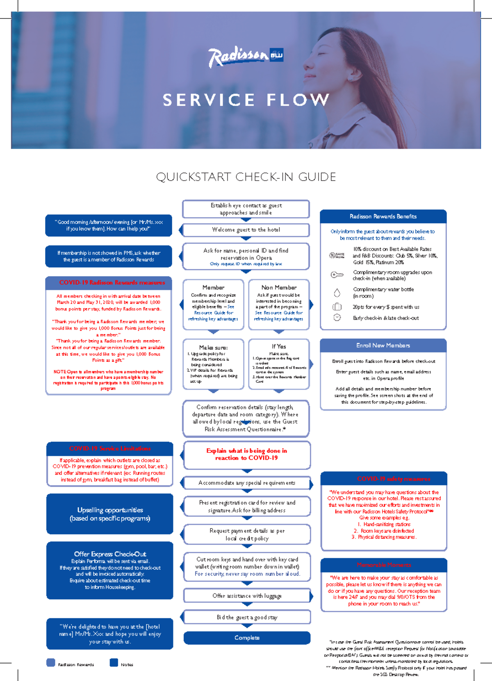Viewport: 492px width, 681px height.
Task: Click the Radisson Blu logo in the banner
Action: point(245,57)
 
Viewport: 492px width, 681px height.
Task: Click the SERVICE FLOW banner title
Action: point(246,100)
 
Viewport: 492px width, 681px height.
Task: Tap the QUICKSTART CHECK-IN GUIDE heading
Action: point(246,177)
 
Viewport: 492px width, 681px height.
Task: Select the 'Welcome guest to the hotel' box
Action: point(246,230)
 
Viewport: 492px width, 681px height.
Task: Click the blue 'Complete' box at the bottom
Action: point(247,638)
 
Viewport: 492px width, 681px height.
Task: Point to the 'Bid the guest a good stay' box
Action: point(247,617)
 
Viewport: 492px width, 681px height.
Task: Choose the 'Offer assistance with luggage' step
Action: point(247,596)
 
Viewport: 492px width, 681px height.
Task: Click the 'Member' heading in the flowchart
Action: point(213,287)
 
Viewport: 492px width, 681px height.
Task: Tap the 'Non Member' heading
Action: point(279,287)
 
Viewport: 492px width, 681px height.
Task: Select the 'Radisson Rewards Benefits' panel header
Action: point(383,216)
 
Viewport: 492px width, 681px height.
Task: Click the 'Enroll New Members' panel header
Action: point(383,346)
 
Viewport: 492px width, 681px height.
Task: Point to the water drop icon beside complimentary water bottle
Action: point(337,292)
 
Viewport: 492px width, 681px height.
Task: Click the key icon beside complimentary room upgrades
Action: point(337,275)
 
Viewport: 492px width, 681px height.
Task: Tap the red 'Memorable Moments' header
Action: point(384,565)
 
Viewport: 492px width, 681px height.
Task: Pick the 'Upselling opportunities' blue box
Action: point(110,514)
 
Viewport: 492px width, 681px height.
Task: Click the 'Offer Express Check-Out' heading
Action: point(110,554)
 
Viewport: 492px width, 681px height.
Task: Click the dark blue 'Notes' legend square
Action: point(114,663)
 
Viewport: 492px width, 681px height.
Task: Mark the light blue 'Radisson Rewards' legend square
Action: point(51,663)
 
